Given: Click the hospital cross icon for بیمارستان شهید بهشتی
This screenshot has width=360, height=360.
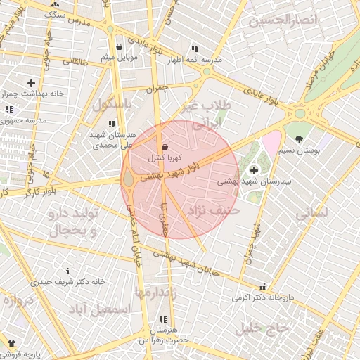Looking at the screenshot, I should (x=254, y=169).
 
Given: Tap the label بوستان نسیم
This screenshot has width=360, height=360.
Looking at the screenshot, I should (x=304, y=150).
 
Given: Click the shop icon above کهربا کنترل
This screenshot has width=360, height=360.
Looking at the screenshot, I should (x=165, y=147).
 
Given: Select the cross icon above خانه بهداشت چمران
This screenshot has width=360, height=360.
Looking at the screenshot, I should (x=31, y=83).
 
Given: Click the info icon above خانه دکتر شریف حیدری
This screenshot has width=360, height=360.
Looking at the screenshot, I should (x=67, y=271).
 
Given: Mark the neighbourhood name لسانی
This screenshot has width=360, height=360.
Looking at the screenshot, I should (x=314, y=210).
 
